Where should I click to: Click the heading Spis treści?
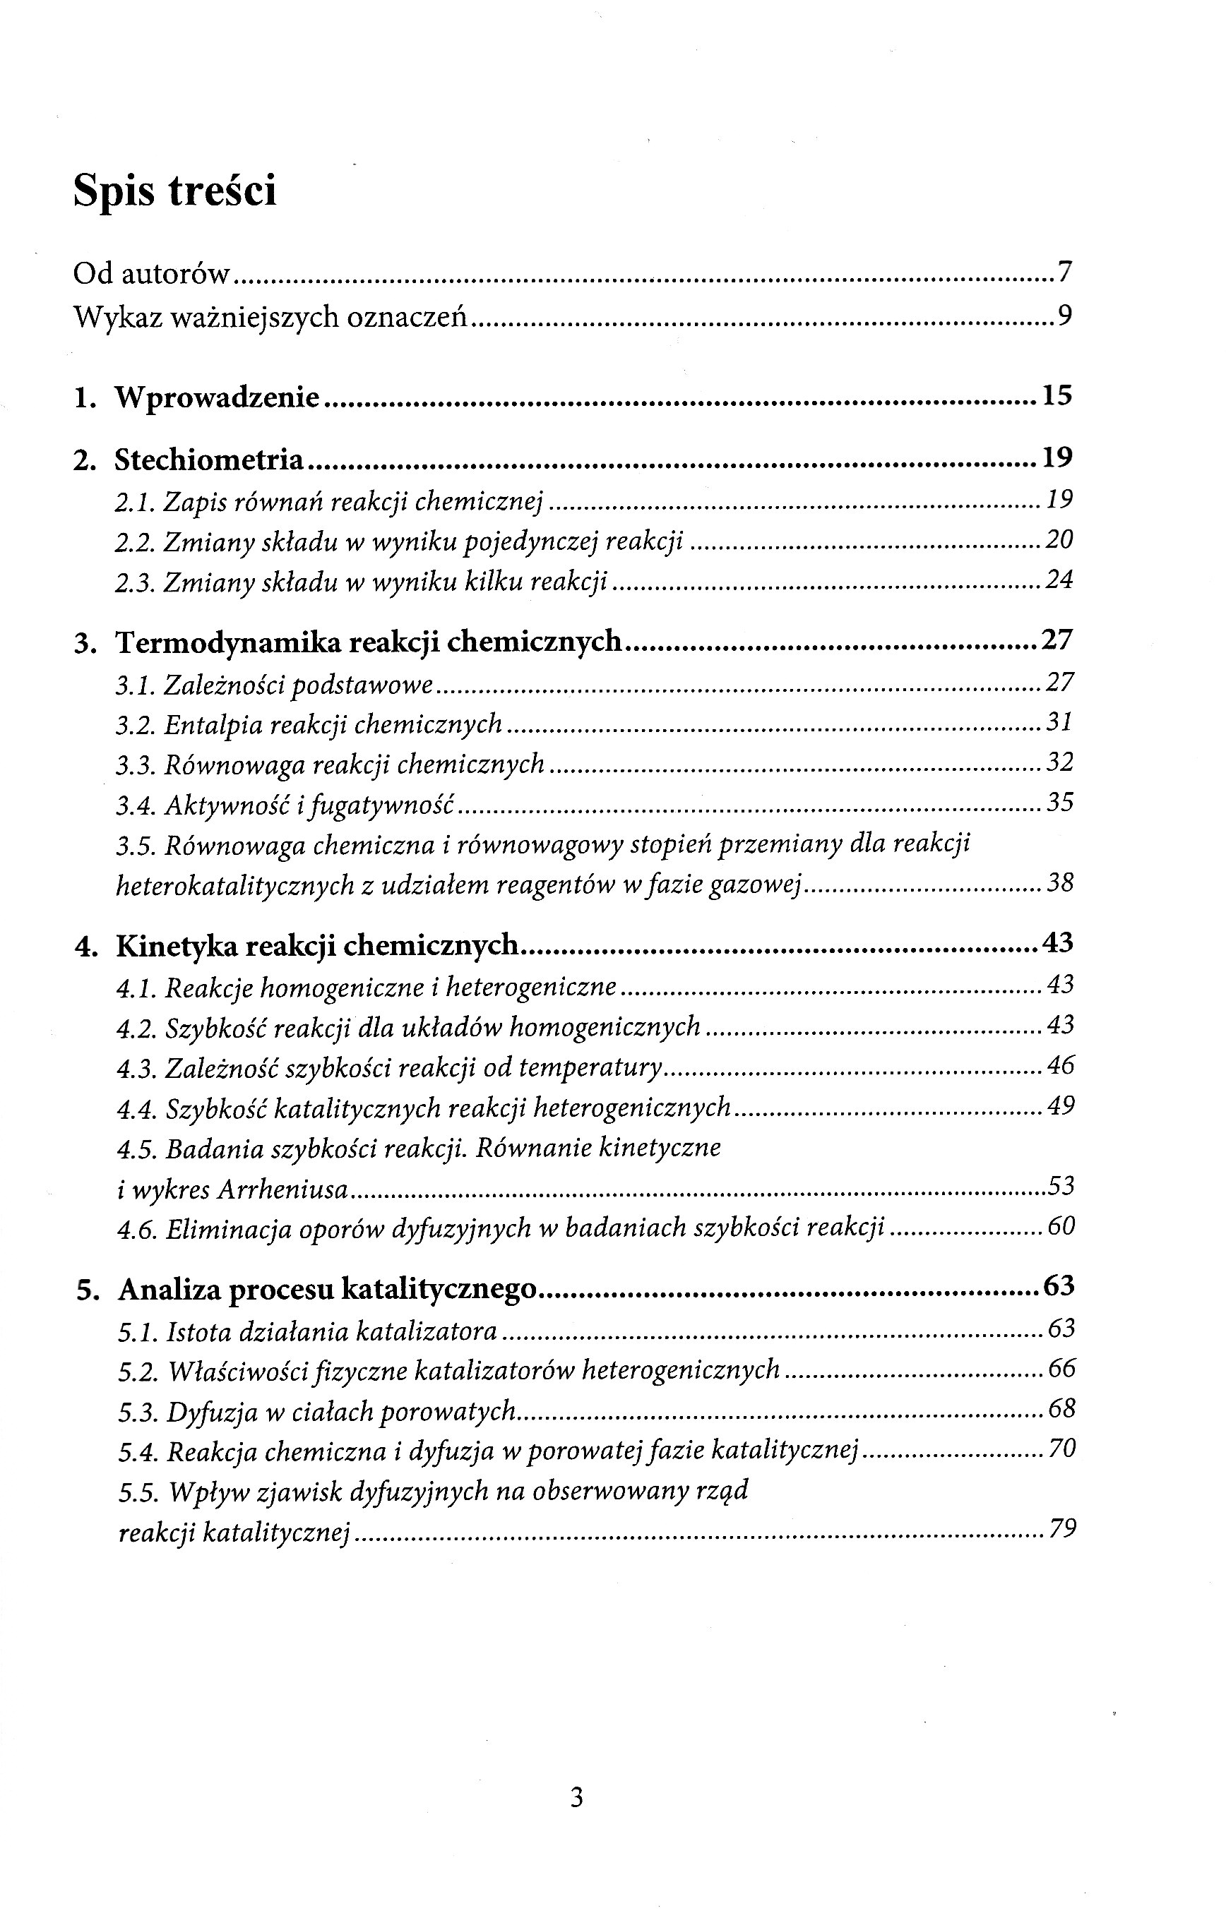[x=174, y=192]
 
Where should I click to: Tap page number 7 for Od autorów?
[x=1064, y=273]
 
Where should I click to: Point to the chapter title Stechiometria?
[x=210, y=460]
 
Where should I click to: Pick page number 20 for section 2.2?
[x=1059, y=541]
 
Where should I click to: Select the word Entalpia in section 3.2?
[x=213, y=724]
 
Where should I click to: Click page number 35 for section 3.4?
[x=1059, y=803]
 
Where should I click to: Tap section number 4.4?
[x=135, y=1109]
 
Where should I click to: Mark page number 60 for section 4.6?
[x=1061, y=1227]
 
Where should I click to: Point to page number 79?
[x=1062, y=1530]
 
